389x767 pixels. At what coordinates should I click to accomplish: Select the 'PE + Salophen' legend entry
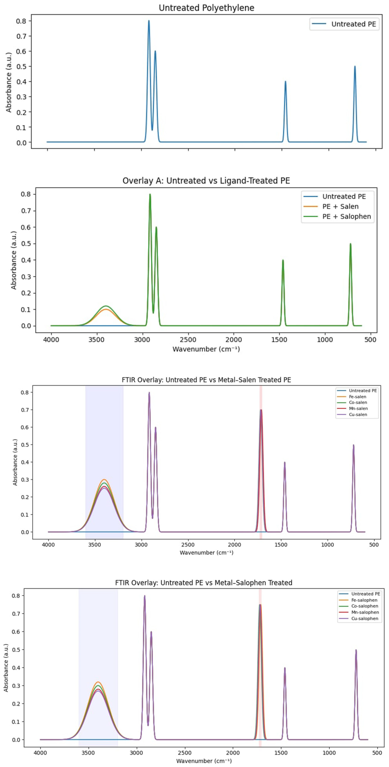[x=346, y=217]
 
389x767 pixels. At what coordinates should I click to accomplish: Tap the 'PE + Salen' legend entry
[x=340, y=206]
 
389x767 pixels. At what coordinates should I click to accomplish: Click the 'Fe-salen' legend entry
[x=357, y=397]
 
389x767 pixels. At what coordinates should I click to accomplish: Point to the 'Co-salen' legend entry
[x=358, y=403]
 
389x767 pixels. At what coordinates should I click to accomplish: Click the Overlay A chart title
[x=206, y=181]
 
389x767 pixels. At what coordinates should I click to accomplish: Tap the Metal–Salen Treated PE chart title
[x=206, y=380]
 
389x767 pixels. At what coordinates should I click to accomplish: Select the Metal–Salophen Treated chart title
[x=204, y=583]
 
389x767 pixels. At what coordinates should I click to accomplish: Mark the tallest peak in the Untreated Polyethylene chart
[x=149, y=21]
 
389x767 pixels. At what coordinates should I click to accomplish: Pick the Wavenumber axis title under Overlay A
[x=206, y=349]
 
